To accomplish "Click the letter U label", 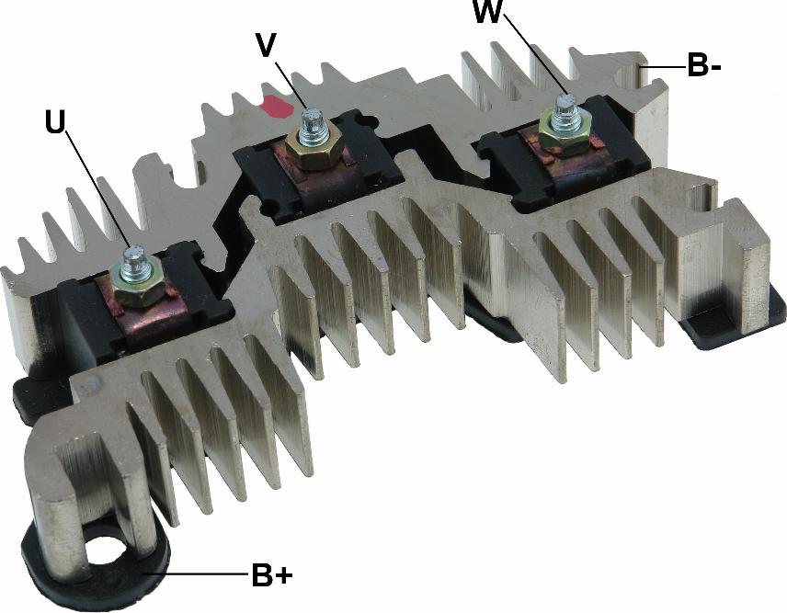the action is coord(55,122).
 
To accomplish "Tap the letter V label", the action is coord(266,45).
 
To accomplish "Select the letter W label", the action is coord(487,12).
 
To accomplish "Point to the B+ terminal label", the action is coord(272,575).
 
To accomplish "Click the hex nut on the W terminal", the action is coord(565,133).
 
